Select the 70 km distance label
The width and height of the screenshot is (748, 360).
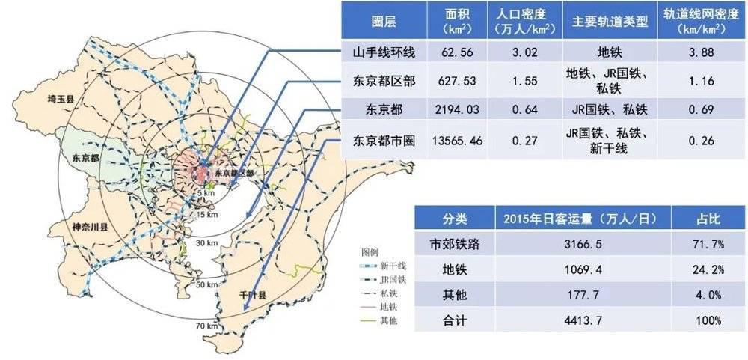(x=207, y=326)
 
